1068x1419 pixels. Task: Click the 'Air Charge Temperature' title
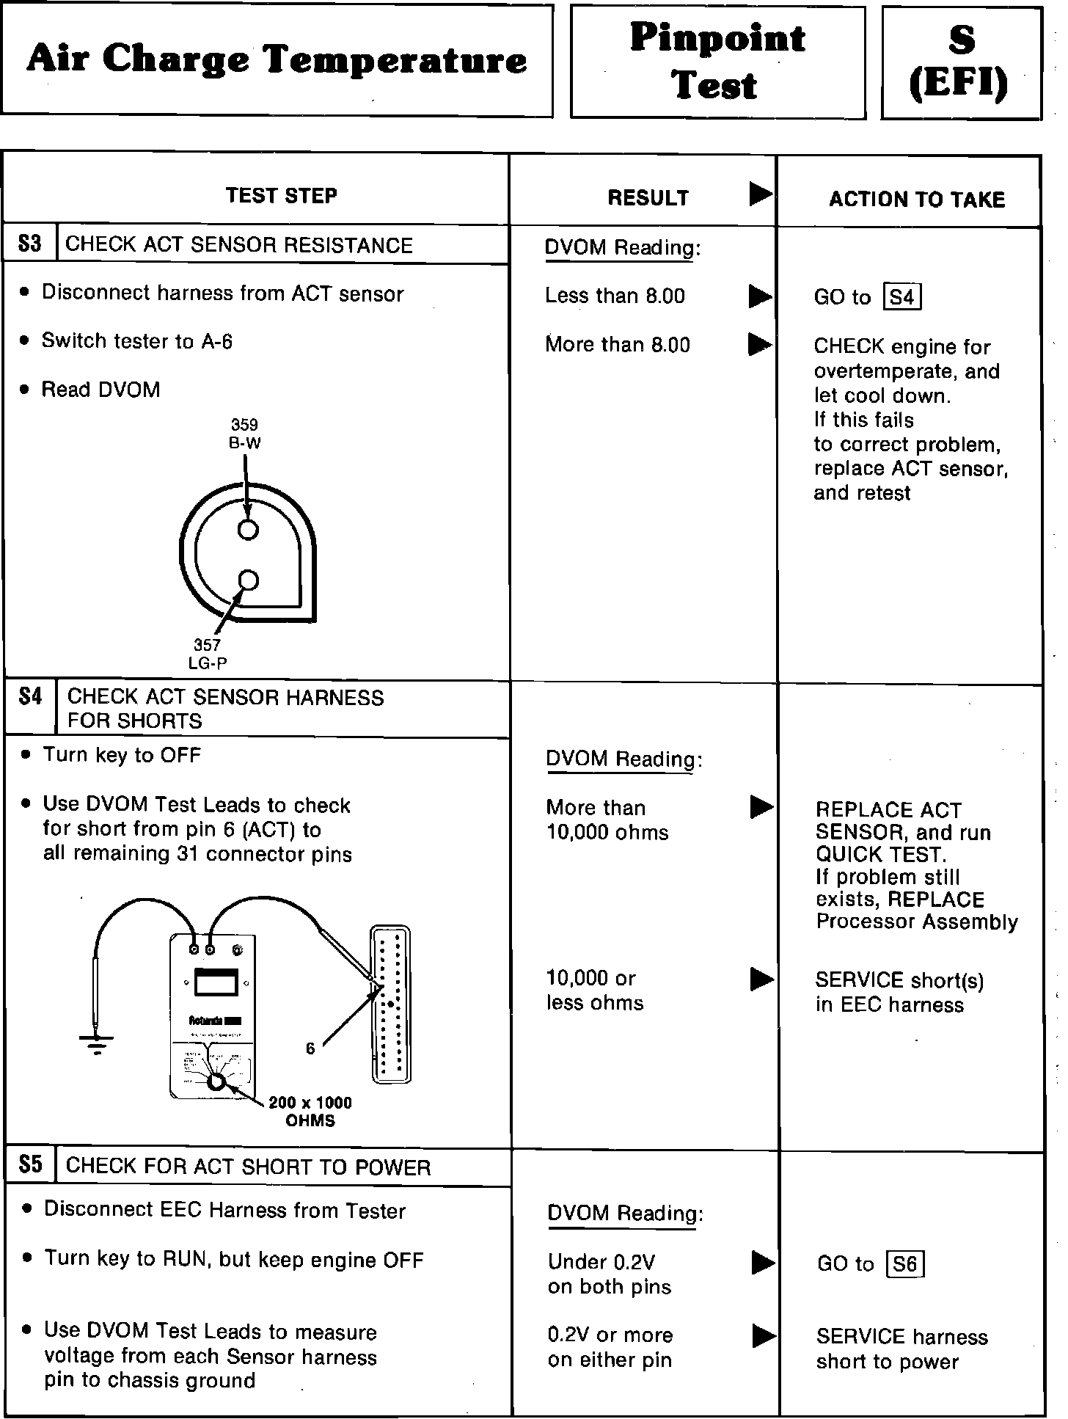tap(277, 60)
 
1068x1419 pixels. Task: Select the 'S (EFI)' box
tap(961, 62)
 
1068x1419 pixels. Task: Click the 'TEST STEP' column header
tap(282, 196)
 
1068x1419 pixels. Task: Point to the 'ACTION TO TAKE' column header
tap(916, 200)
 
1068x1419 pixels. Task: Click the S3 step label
tap(29, 244)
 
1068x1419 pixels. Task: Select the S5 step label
tap(31, 1165)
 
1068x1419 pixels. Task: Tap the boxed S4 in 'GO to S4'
tap(902, 297)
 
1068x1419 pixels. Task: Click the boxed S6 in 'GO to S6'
tap(905, 1264)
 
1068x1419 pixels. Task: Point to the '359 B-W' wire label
tap(244, 434)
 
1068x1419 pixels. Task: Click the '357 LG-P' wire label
tap(208, 654)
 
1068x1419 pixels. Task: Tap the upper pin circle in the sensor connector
tap(248, 529)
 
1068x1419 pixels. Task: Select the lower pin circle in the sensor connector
tap(249, 581)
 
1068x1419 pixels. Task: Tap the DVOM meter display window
tap(216, 982)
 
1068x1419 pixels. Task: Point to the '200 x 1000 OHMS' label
tap(310, 1111)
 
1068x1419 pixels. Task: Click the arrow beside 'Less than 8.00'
tap(760, 296)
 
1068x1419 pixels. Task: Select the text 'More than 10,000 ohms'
tap(607, 820)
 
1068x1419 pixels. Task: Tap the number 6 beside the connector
tap(310, 1049)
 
